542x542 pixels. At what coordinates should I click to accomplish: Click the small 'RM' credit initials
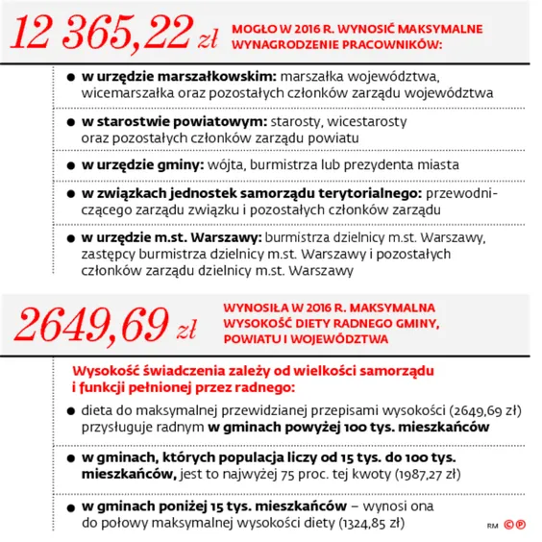pyautogui.click(x=491, y=526)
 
